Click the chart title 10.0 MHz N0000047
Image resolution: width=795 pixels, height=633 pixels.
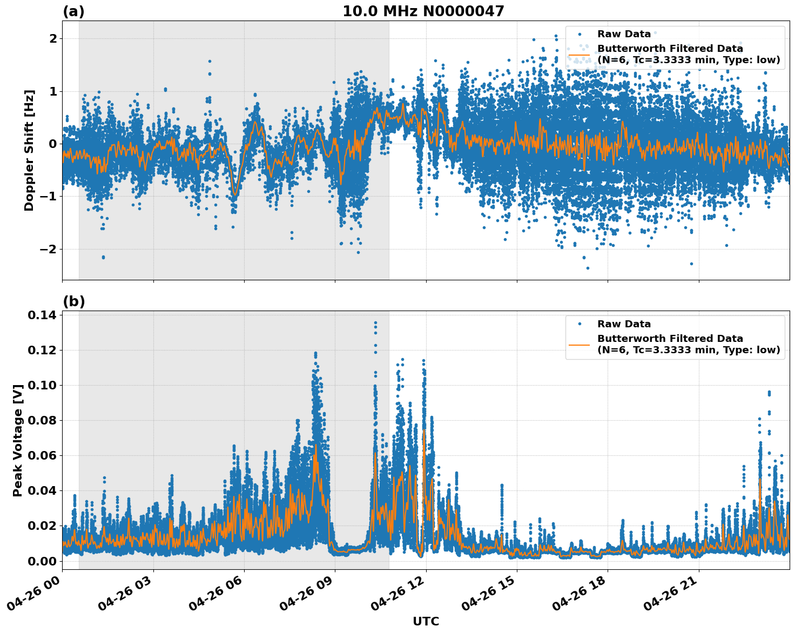pyautogui.click(x=423, y=11)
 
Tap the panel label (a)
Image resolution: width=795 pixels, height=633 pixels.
pyautogui.click(x=73, y=11)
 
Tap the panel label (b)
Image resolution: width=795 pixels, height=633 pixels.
pyautogui.click(x=73, y=301)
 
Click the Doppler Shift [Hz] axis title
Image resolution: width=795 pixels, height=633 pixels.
pyautogui.click(x=29, y=150)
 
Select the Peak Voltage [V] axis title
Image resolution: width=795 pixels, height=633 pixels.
pyautogui.click(x=18, y=440)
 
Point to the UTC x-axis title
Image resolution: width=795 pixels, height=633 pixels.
pyautogui.click(x=426, y=621)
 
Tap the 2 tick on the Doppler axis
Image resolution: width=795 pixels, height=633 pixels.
pyautogui.click(x=53, y=38)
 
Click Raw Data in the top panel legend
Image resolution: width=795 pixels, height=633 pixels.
pyautogui.click(x=624, y=34)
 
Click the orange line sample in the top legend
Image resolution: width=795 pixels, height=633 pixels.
pyautogui.click(x=580, y=54)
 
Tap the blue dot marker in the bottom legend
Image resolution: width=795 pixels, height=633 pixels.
pyautogui.click(x=580, y=324)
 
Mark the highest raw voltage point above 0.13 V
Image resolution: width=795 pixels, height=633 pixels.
pyautogui.click(x=375, y=323)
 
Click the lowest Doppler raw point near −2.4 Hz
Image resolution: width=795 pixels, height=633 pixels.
pyautogui.click(x=588, y=268)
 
